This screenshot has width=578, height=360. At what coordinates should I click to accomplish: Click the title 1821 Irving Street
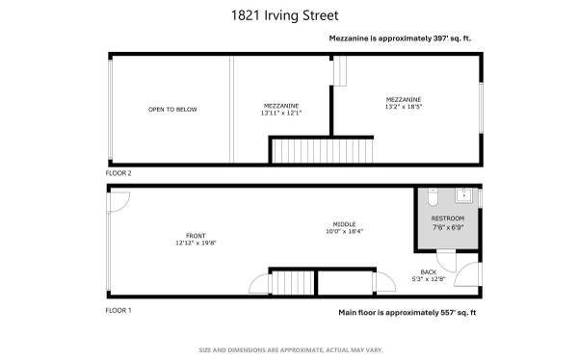[x=284, y=15]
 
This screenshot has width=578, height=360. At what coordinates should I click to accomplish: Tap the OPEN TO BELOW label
[x=172, y=110]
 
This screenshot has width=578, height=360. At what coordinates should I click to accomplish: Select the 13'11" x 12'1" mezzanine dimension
[x=281, y=114]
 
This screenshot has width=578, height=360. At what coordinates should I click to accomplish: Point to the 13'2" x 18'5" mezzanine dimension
[x=404, y=107]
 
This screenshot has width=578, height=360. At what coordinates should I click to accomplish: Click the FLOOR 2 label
[x=118, y=173]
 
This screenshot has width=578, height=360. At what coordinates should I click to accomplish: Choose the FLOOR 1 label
[x=118, y=311]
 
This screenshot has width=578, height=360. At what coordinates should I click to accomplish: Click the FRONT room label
[x=196, y=236]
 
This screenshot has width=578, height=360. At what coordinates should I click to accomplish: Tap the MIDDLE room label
[x=344, y=224]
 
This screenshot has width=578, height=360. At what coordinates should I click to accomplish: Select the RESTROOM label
[x=448, y=219]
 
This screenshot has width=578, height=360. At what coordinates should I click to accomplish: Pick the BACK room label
[x=429, y=272]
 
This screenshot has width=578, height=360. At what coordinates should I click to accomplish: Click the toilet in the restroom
[x=433, y=197]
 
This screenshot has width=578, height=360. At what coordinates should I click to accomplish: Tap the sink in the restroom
[x=463, y=195]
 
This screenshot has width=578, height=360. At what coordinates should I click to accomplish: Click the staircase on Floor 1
[x=293, y=283]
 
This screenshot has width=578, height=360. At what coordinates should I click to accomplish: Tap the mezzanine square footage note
[x=400, y=39]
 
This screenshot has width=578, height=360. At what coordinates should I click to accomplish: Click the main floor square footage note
[x=407, y=313]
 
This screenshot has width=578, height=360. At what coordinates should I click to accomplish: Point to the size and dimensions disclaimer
[x=291, y=350]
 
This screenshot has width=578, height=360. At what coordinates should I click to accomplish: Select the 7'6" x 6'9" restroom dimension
[x=448, y=228]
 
